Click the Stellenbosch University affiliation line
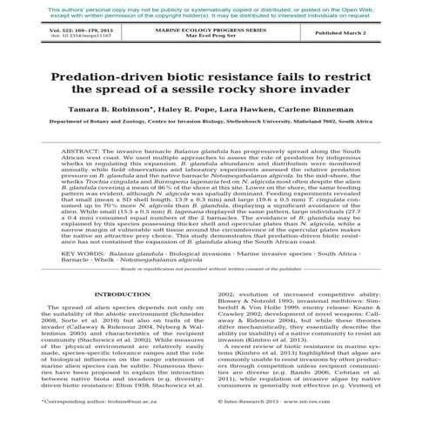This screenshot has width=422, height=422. coord(211,124)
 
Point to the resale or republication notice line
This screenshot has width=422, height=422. coord(211,271)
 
